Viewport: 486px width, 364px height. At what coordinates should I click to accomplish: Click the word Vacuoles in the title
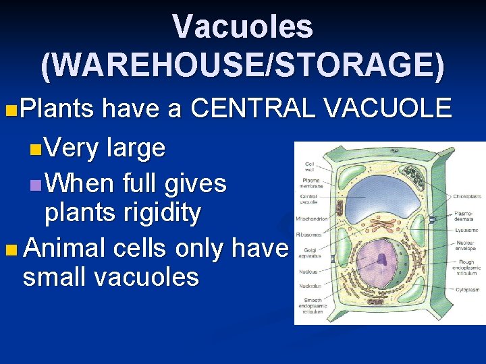242,27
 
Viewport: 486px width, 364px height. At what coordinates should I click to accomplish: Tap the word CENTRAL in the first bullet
253,108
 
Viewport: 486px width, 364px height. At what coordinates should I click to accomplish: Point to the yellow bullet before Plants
9,109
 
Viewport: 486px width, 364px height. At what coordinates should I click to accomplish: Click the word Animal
65,248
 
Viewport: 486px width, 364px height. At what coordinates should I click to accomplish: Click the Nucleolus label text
311,286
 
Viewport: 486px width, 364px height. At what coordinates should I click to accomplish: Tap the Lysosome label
466,229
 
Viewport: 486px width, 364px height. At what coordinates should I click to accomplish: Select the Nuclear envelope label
466,245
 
